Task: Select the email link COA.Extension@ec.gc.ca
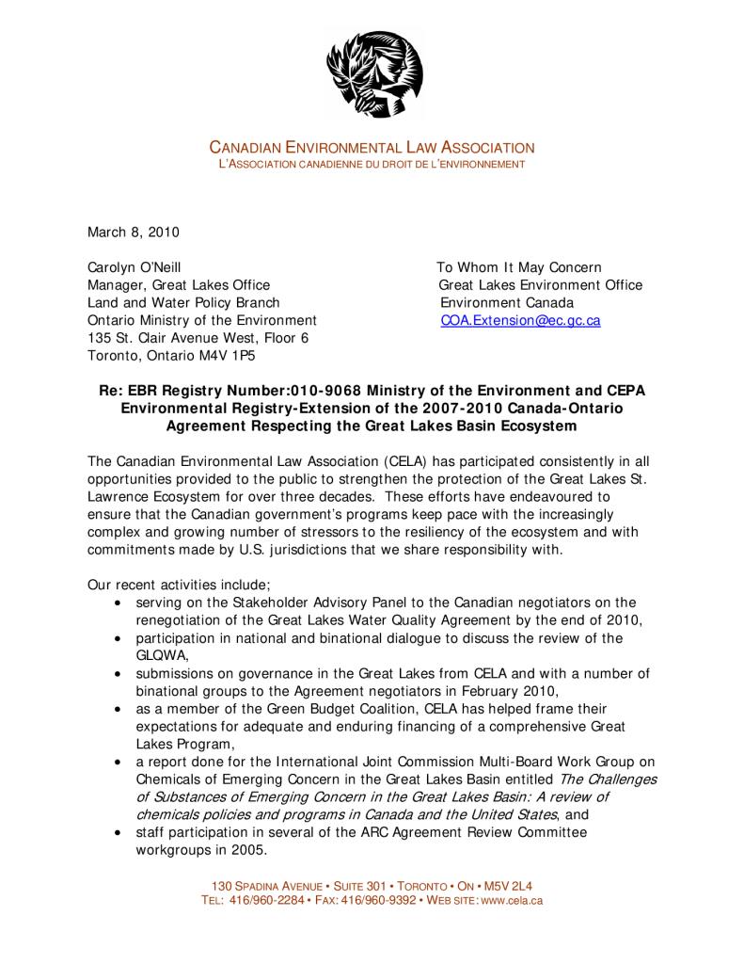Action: click(x=520, y=320)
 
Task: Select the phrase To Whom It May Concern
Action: click(x=519, y=267)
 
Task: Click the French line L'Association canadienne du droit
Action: click(x=371, y=166)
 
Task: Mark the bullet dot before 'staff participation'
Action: click(x=117, y=833)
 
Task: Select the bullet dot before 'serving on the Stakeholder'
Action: click(x=117, y=602)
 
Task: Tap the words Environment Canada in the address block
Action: click(x=507, y=302)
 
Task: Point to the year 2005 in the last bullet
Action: click(x=246, y=850)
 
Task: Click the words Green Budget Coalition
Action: click(x=340, y=708)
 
